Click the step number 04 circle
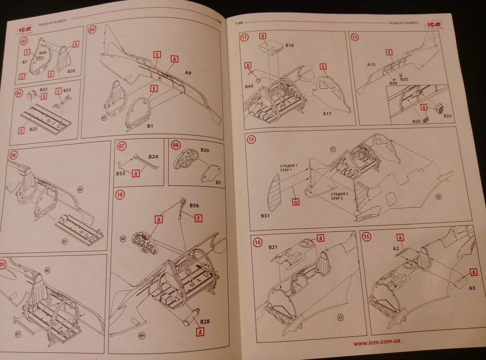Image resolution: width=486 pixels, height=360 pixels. pos(92,29)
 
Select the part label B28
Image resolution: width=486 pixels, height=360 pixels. pos(205,322)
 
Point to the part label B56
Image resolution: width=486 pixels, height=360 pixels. pos(194,206)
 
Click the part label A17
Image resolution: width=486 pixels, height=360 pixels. pos(327,114)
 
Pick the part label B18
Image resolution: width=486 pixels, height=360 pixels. pos(290,45)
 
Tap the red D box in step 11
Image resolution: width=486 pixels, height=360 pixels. pos(262,36)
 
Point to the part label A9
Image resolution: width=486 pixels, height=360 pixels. pos(188,73)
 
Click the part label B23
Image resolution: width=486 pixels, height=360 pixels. pos(33,129)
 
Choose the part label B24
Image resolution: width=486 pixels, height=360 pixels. pos(153,156)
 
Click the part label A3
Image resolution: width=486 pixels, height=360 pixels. pos(472,288)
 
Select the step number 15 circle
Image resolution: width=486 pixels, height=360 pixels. pos(366,236)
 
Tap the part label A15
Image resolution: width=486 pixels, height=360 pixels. pos(371,64)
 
